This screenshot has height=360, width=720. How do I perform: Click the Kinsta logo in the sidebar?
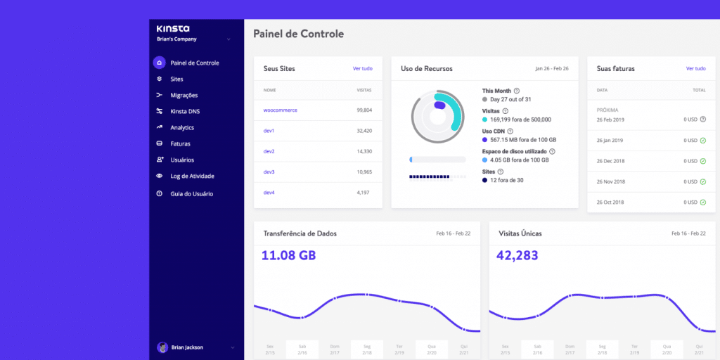click(172, 28)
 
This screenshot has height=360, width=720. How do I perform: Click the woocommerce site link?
click(280, 110)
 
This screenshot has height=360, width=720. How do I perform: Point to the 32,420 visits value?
click(364, 131)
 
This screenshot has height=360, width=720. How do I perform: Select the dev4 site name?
click(269, 192)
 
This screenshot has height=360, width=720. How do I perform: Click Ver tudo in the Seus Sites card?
click(363, 69)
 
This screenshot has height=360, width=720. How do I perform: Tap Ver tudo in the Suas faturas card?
click(695, 69)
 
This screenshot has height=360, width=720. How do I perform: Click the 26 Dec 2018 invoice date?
click(610, 161)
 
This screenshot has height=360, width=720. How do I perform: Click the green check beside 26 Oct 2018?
click(702, 202)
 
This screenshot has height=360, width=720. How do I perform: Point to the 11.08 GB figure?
click(288, 255)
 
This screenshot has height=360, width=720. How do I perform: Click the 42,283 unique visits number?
click(518, 255)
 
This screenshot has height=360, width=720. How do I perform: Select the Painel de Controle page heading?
click(298, 34)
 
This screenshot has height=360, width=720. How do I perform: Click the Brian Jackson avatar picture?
click(162, 347)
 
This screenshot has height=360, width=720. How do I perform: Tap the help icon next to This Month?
click(517, 91)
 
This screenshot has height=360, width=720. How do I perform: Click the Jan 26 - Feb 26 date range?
click(551, 69)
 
